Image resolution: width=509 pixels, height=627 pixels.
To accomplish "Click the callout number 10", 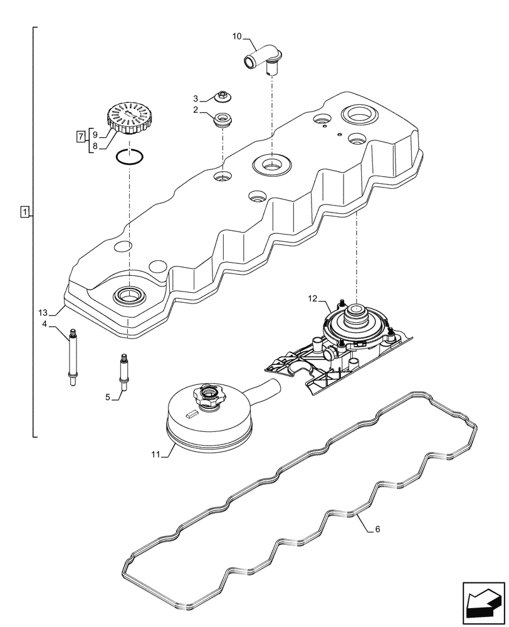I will click(x=237, y=37).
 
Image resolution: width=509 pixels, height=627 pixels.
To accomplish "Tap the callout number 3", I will click(x=195, y=98).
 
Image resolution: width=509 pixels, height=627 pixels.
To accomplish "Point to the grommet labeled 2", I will click(x=223, y=119).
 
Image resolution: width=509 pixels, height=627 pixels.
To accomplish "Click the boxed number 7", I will click(x=80, y=135).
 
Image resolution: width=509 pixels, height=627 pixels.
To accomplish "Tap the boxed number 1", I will click(x=24, y=212).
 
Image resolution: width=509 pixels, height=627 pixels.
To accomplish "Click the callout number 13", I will click(x=42, y=312).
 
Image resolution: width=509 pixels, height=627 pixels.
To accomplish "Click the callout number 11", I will click(x=155, y=453).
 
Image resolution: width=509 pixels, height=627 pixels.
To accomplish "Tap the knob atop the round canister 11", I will click(x=207, y=396).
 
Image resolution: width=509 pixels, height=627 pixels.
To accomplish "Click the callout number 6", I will click(x=378, y=529).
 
